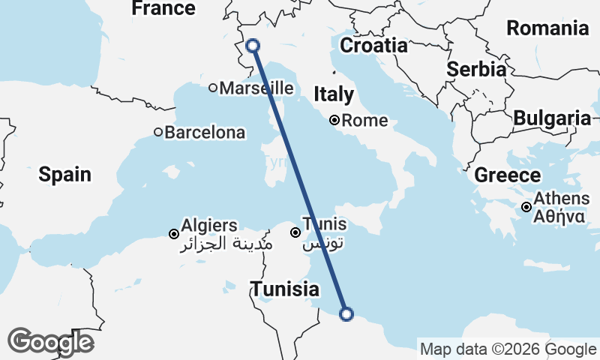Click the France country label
point(163,8)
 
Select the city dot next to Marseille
point(213,88)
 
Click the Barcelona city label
point(205,133)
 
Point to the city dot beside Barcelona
point(158,133)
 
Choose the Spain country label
point(65,175)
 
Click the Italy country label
point(334,94)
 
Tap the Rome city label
point(365,120)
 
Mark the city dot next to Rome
point(335,120)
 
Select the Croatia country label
point(373,46)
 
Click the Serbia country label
point(475,69)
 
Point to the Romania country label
point(547,28)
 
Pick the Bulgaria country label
point(552,118)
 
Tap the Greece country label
point(508,175)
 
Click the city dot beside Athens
point(527,207)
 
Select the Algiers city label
point(209,225)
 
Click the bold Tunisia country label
point(285,289)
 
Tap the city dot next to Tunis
point(296,232)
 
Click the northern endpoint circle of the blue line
point(253,46)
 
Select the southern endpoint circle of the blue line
point(346,314)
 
